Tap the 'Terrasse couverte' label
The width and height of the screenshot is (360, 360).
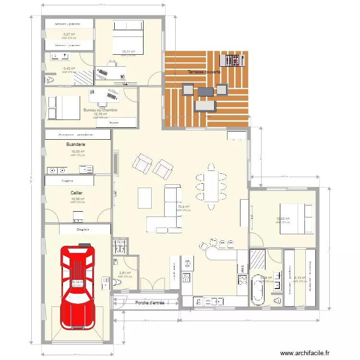point(204,72)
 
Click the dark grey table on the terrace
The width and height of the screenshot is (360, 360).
point(205,91)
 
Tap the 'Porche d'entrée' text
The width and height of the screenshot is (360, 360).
point(150,303)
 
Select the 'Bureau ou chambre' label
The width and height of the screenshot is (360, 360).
point(100,110)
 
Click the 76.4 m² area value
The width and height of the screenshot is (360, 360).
point(183,207)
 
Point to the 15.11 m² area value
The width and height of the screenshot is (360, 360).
point(128,51)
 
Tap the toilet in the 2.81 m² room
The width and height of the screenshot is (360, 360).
point(117,284)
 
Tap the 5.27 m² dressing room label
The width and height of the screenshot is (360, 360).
point(69,35)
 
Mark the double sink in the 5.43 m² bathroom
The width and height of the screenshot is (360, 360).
point(60,57)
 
